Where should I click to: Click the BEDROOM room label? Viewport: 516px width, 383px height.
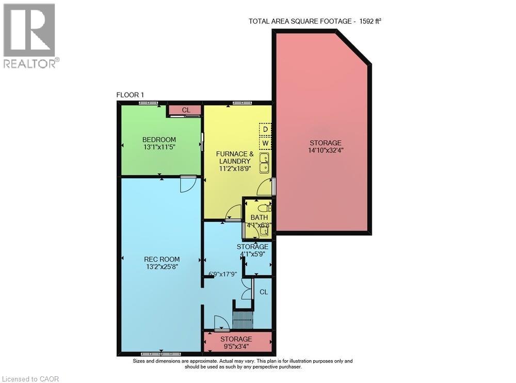click(159, 140)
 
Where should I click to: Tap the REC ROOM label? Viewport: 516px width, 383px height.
click(162, 259)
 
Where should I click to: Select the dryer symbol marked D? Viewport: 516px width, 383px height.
click(265, 129)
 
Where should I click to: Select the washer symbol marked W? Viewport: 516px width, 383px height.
click(265, 143)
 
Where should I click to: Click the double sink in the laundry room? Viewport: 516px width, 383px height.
click(265, 163)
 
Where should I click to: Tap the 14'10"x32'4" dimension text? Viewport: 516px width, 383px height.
click(326, 150)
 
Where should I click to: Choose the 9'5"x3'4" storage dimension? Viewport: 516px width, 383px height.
click(236, 346)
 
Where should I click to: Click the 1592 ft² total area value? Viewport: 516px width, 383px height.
click(370, 21)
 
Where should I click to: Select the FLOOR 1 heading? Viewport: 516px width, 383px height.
click(130, 95)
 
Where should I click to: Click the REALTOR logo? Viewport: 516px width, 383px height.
click(31, 36)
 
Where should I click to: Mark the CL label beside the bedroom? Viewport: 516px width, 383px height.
click(186, 110)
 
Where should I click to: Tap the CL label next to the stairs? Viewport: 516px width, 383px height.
click(264, 292)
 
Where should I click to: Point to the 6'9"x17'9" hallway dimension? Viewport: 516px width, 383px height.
click(223, 274)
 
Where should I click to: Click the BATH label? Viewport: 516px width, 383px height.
click(260, 218)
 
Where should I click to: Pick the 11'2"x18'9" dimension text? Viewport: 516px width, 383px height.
click(235, 168)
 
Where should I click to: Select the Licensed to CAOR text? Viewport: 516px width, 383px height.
click(30, 379)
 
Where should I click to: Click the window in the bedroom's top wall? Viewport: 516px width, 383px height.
click(148, 103)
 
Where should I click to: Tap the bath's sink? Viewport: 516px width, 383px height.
click(264, 232)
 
